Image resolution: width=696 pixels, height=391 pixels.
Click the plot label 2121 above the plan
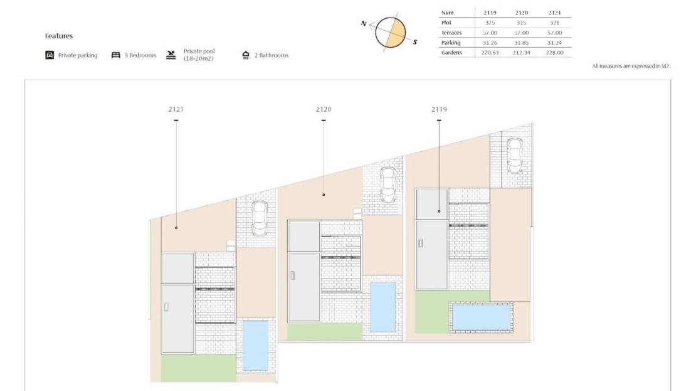(x=176, y=109)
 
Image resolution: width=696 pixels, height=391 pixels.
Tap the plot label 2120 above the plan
(x=324, y=109)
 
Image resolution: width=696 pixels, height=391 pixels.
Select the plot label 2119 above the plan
(x=439, y=109)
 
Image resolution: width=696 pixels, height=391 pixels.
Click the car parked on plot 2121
(x=259, y=218)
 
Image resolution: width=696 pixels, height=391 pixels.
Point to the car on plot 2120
(x=388, y=185)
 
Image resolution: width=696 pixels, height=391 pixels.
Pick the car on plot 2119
(x=514, y=156)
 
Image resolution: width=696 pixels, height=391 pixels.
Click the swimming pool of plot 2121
(x=255, y=345)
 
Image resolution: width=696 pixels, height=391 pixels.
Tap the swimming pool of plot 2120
(x=382, y=306)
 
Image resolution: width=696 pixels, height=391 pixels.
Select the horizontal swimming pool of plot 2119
(x=481, y=317)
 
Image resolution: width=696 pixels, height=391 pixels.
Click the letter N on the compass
(x=364, y=24)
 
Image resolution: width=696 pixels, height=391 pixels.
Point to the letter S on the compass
(x=415, y=42)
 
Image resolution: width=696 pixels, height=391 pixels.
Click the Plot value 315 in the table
(x=521, y=23)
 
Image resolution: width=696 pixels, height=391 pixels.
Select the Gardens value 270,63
(x=490, y=53)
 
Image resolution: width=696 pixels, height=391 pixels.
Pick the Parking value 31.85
(x=521, y=43)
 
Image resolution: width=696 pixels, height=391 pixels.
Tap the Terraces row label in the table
(x=451, y=33)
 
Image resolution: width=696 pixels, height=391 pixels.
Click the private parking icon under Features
(x=50, y=55)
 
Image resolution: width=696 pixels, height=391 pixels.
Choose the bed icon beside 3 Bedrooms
(x=116, y=55)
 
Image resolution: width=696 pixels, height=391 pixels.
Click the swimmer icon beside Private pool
(x=171, y=55)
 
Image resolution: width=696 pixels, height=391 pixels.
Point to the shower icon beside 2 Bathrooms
(x=246, y=55)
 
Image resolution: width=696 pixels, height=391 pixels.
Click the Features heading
(x=58, y=36)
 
